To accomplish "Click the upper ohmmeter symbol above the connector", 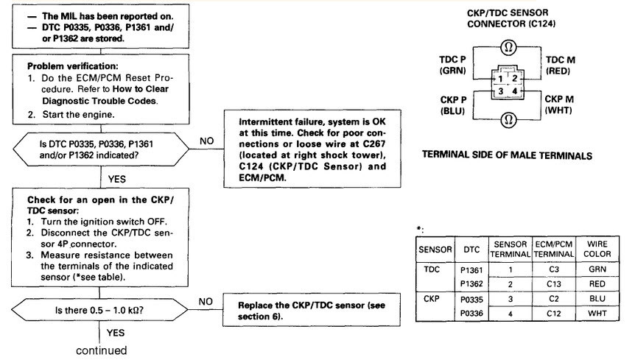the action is coord(508,47).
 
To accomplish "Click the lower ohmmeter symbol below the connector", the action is coord(508,119).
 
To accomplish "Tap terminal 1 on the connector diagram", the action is coord(500,79).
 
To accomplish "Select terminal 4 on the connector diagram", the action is coord(515,91).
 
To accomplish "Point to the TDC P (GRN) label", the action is coord(453,65).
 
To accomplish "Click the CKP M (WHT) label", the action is coord(559,105).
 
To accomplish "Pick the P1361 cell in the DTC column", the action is coord(471,269).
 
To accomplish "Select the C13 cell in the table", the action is coord(554,284).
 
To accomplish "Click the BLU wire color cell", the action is coord(597,298).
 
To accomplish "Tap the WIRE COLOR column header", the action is coord(597,249).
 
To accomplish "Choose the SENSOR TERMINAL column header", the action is coord(511,249).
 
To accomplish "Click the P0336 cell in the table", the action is coord(471,314).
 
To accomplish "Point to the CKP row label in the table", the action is coord(431,299).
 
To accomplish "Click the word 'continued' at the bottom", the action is coord(101,350).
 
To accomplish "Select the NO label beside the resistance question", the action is coord(206,302).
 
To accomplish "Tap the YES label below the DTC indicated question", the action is coord(117,179).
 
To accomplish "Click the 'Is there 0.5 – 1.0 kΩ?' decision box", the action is coord(99,310).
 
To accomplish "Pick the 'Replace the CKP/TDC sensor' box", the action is coord(312,310).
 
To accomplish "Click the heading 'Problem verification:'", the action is coord(73,66).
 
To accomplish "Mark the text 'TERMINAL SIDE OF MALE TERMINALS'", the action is coord(507,155).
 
